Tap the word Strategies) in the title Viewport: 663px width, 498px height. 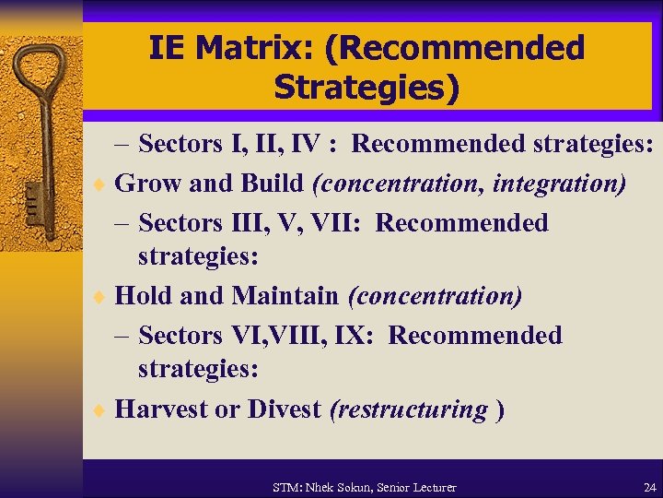click(x=366, y=88)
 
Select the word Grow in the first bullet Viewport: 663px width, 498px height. click(x=147, y=184)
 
